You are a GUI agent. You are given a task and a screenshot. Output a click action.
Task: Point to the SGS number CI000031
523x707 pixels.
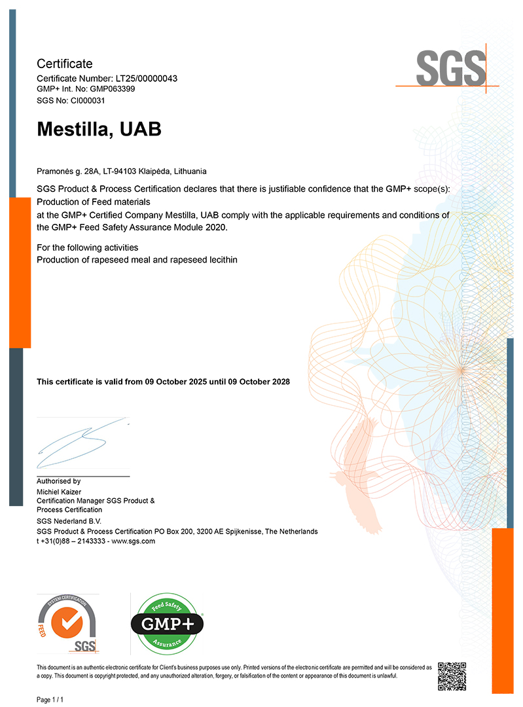82,101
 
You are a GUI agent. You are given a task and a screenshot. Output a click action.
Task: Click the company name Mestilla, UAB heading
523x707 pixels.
99,130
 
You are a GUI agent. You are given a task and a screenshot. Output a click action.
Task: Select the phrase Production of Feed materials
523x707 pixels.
94,202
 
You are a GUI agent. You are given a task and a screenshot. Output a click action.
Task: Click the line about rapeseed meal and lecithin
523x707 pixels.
137,260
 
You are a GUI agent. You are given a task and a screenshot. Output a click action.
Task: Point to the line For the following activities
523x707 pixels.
87,247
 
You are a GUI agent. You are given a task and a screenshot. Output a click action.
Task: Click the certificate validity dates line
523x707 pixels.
163,382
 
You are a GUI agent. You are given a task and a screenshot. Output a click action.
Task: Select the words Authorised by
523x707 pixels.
58,480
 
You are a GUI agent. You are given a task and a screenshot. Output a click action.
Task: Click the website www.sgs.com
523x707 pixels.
134,541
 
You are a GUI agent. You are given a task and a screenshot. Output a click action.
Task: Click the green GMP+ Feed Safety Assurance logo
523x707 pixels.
168,623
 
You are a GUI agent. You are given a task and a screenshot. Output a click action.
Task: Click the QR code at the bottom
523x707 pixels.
451,675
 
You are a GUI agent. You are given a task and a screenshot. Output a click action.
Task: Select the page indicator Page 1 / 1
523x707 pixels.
50,700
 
